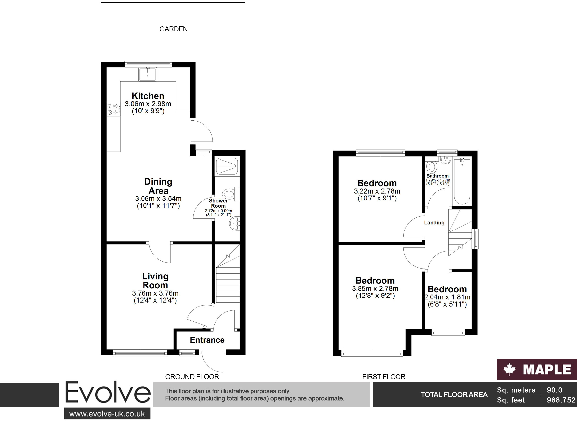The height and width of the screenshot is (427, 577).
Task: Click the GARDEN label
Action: (x=174, y=29)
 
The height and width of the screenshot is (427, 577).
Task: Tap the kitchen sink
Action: (x=148, y=74)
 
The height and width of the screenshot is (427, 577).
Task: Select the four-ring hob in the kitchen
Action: (x=113, y=109)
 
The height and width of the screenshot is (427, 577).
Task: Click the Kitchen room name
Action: (x=148, y=96)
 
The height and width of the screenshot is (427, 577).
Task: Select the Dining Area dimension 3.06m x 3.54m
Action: (x=158, y=199)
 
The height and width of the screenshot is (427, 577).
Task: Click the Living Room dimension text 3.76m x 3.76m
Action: (x=155, y=293)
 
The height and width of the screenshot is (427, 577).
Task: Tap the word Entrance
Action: (x=207, y=340)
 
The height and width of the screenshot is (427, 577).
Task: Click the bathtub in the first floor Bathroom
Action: (x=462, y=181)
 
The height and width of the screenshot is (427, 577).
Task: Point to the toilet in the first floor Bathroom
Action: (x=432, y=167)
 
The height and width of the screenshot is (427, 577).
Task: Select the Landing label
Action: (x=434, y=223)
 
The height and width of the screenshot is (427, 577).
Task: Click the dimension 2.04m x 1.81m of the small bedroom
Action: (x=447, y=297)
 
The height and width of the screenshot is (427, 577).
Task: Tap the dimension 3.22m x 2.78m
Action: (x=377, y=191)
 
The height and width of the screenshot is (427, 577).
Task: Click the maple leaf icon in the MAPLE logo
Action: (x=509, y=369)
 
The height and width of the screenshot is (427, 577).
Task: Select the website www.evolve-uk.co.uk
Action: (x=107, y=414)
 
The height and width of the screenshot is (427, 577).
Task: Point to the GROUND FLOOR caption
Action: (x=192, y=377)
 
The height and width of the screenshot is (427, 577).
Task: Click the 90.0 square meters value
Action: (x=554, y=390)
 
